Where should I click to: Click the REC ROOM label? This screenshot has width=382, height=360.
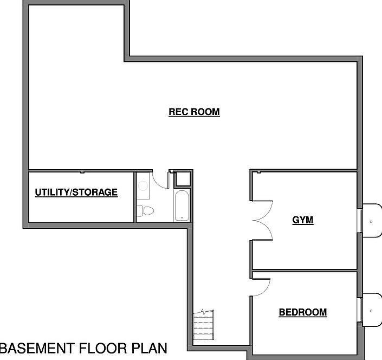(x=194, y=112)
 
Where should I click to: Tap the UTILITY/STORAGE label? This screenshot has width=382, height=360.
(x=76, y=192)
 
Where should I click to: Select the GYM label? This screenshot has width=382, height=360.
(x=303, y=220)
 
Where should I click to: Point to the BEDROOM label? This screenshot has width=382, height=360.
(x=303, y=312)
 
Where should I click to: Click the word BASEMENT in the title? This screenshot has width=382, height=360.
(x=37, y=348)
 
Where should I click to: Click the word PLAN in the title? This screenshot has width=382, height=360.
(x=150, y=348)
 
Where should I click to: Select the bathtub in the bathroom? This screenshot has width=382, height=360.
(x=182, y=205)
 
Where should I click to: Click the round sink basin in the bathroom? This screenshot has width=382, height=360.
(x=143, y=186)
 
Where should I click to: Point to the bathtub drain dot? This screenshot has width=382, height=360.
(x=182, y=217)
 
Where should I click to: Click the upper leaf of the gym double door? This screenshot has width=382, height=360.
(x=265, y=210)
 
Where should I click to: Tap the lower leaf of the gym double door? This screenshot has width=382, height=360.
(x=265, y=231)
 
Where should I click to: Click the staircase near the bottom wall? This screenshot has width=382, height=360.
(x=204, y=325)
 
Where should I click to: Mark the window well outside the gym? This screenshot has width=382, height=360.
(x=372, y=220)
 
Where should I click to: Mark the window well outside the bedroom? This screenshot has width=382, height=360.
(x=372, y=310)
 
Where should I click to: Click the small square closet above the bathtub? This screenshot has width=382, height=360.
(x=183, y=179)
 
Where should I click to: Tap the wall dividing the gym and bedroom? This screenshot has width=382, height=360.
(x=305, y=271)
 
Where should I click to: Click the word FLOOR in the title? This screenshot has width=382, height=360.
(x=103, y=348)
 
